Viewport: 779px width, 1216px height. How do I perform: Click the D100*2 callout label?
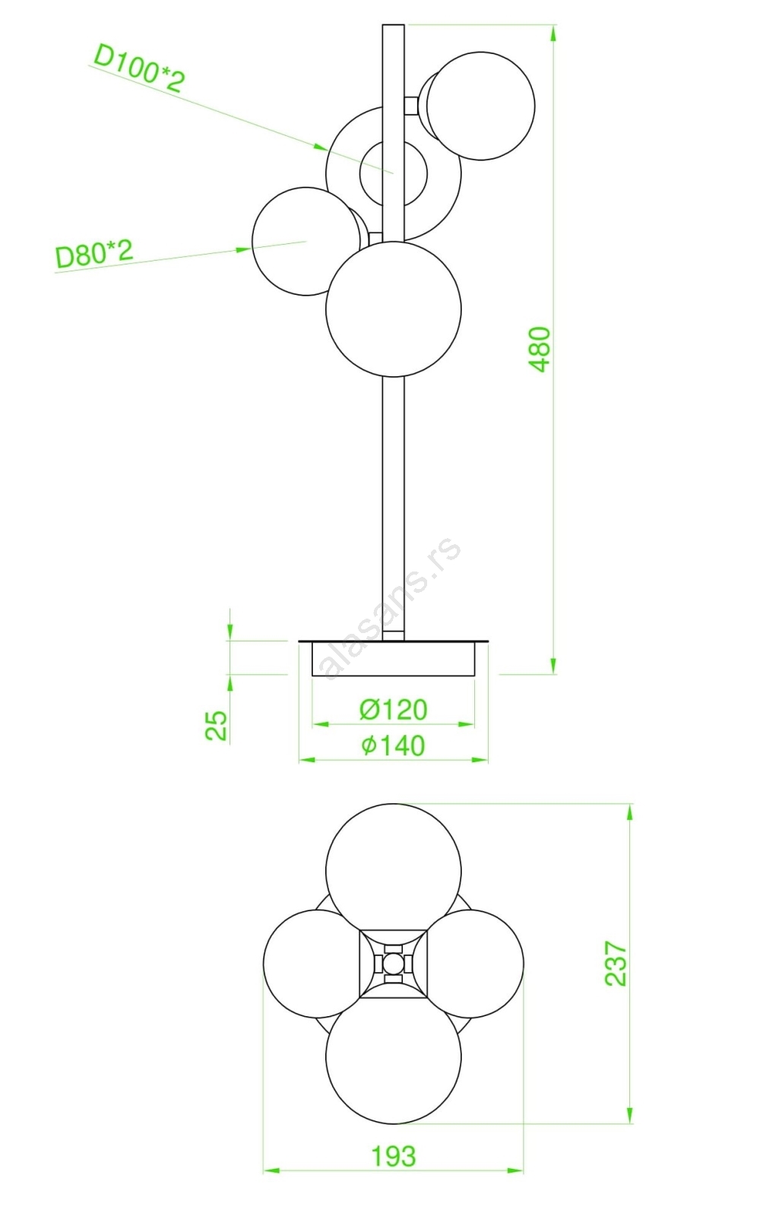140,69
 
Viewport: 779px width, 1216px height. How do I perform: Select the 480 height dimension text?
540,349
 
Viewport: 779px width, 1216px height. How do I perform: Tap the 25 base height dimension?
217,725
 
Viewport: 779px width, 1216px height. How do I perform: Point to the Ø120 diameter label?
393,710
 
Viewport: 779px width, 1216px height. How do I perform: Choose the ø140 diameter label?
393,746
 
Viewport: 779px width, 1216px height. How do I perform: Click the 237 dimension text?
616,964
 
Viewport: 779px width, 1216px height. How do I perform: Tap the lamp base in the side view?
394,658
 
